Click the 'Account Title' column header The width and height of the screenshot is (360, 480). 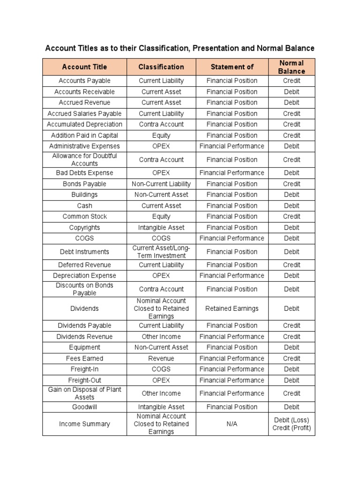(84, 67)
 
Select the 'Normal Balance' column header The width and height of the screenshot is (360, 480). (291, 67)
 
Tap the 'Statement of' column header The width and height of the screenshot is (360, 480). (232, 67)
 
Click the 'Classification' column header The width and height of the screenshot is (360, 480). (161, 67)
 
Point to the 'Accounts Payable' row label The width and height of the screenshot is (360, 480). (84, 81)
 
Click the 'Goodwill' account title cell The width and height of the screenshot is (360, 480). (84, 407)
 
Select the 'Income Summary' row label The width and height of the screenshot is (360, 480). (84, 424)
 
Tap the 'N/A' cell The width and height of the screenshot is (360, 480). (232, 424)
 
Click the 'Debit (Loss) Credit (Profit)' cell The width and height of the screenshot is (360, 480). (291, 424)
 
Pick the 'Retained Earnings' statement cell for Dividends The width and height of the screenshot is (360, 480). (232, 308)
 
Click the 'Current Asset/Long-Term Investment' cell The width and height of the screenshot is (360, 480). (161, 252)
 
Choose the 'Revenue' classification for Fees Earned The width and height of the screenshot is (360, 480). (161, 358)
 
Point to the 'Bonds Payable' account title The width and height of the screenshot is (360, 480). (84, 184)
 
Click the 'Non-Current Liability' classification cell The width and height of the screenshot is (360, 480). (161, 184)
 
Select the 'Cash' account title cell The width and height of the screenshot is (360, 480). (84, 205)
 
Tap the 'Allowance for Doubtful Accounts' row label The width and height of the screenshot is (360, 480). (84, 159)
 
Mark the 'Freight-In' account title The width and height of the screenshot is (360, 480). (84, 369)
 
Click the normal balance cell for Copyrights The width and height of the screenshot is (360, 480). (291, 227)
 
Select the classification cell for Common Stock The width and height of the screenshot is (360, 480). (161, 216)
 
